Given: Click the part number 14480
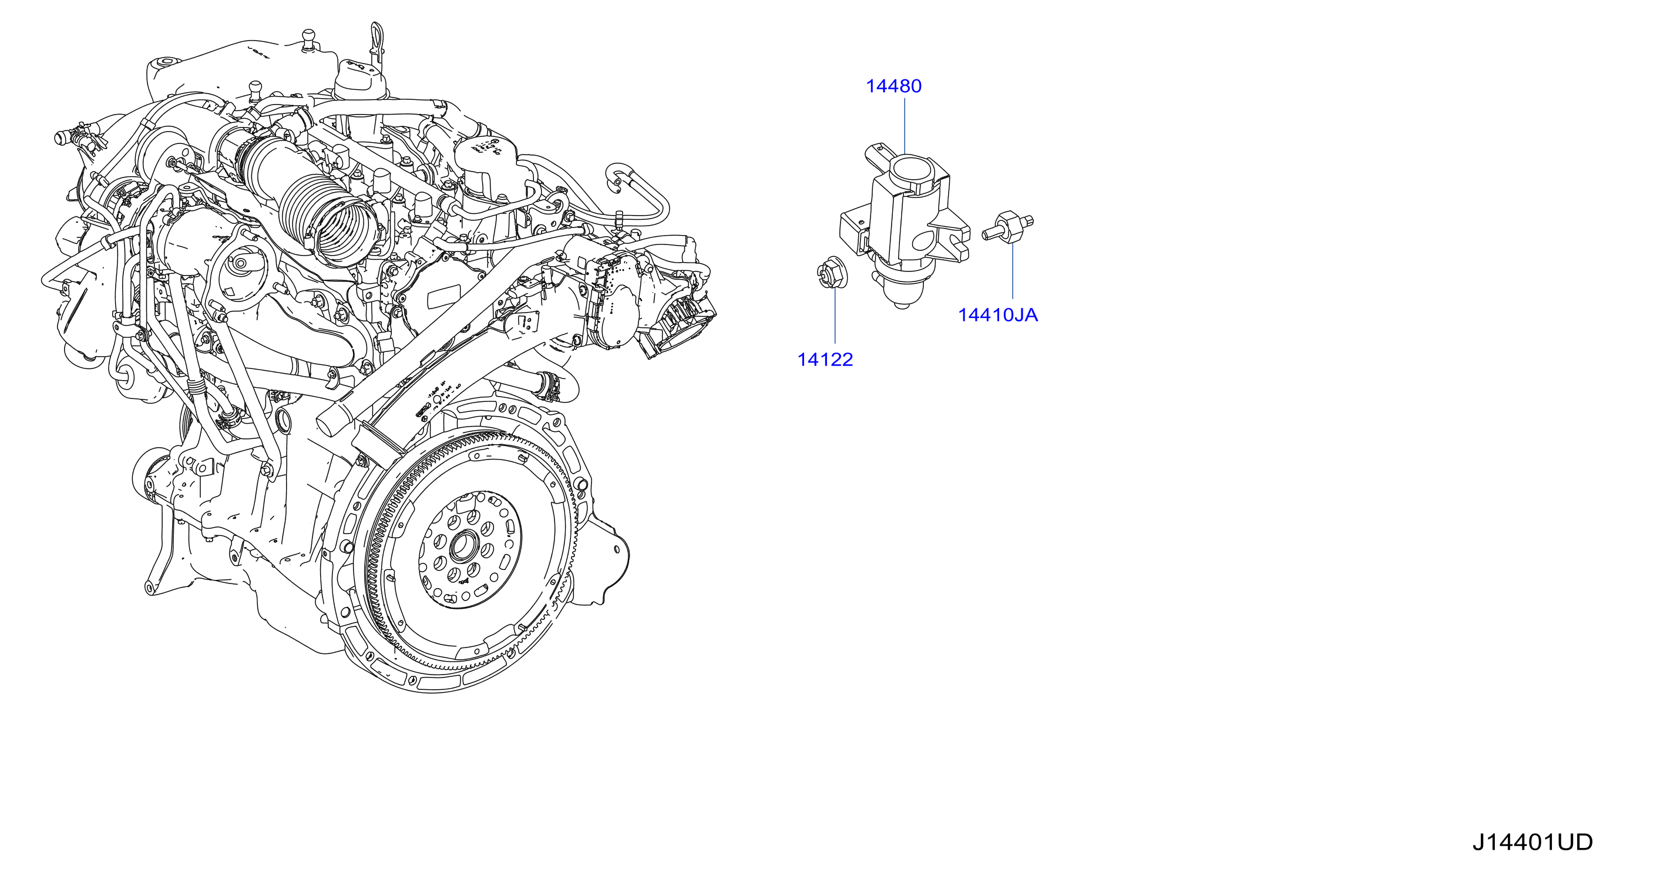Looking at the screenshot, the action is point(893,86).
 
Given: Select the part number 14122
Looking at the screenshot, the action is point(825,360).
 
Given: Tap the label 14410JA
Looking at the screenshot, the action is point(998,316).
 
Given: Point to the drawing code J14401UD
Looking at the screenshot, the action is point(1532,843).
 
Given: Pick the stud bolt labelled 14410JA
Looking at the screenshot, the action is point(1008,227).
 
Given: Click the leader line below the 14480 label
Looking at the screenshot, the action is point(905,126).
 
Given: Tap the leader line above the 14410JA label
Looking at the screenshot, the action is point(1013,271).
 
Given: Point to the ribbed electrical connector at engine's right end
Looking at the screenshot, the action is point(678,327).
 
